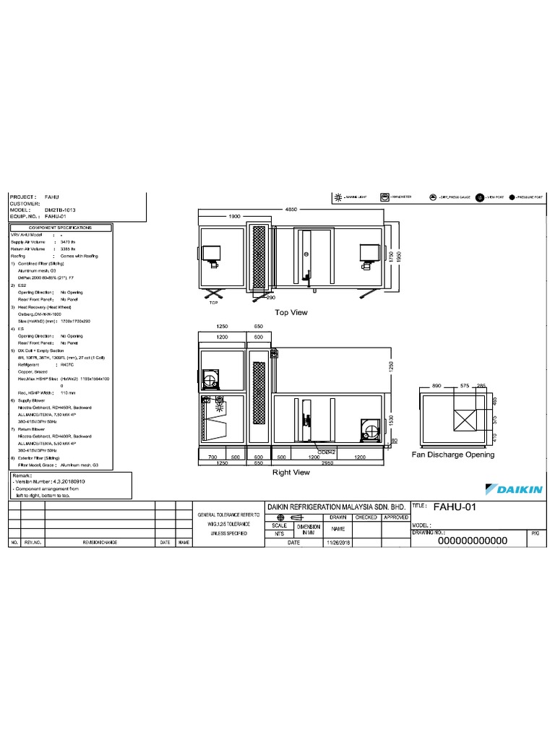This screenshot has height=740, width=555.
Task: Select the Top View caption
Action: point(291,312)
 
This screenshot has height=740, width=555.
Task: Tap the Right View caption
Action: point(291,472)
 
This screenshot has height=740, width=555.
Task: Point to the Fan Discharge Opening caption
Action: point(452,455)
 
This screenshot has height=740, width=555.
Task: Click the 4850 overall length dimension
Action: point(291,210)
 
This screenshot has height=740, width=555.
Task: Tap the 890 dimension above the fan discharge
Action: point(436,387)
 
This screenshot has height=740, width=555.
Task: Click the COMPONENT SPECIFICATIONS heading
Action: point(60,227)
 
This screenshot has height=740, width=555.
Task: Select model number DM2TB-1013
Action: point(59,210)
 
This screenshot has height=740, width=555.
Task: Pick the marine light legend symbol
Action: point(337,197)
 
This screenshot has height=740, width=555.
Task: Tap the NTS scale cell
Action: point(279,533)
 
